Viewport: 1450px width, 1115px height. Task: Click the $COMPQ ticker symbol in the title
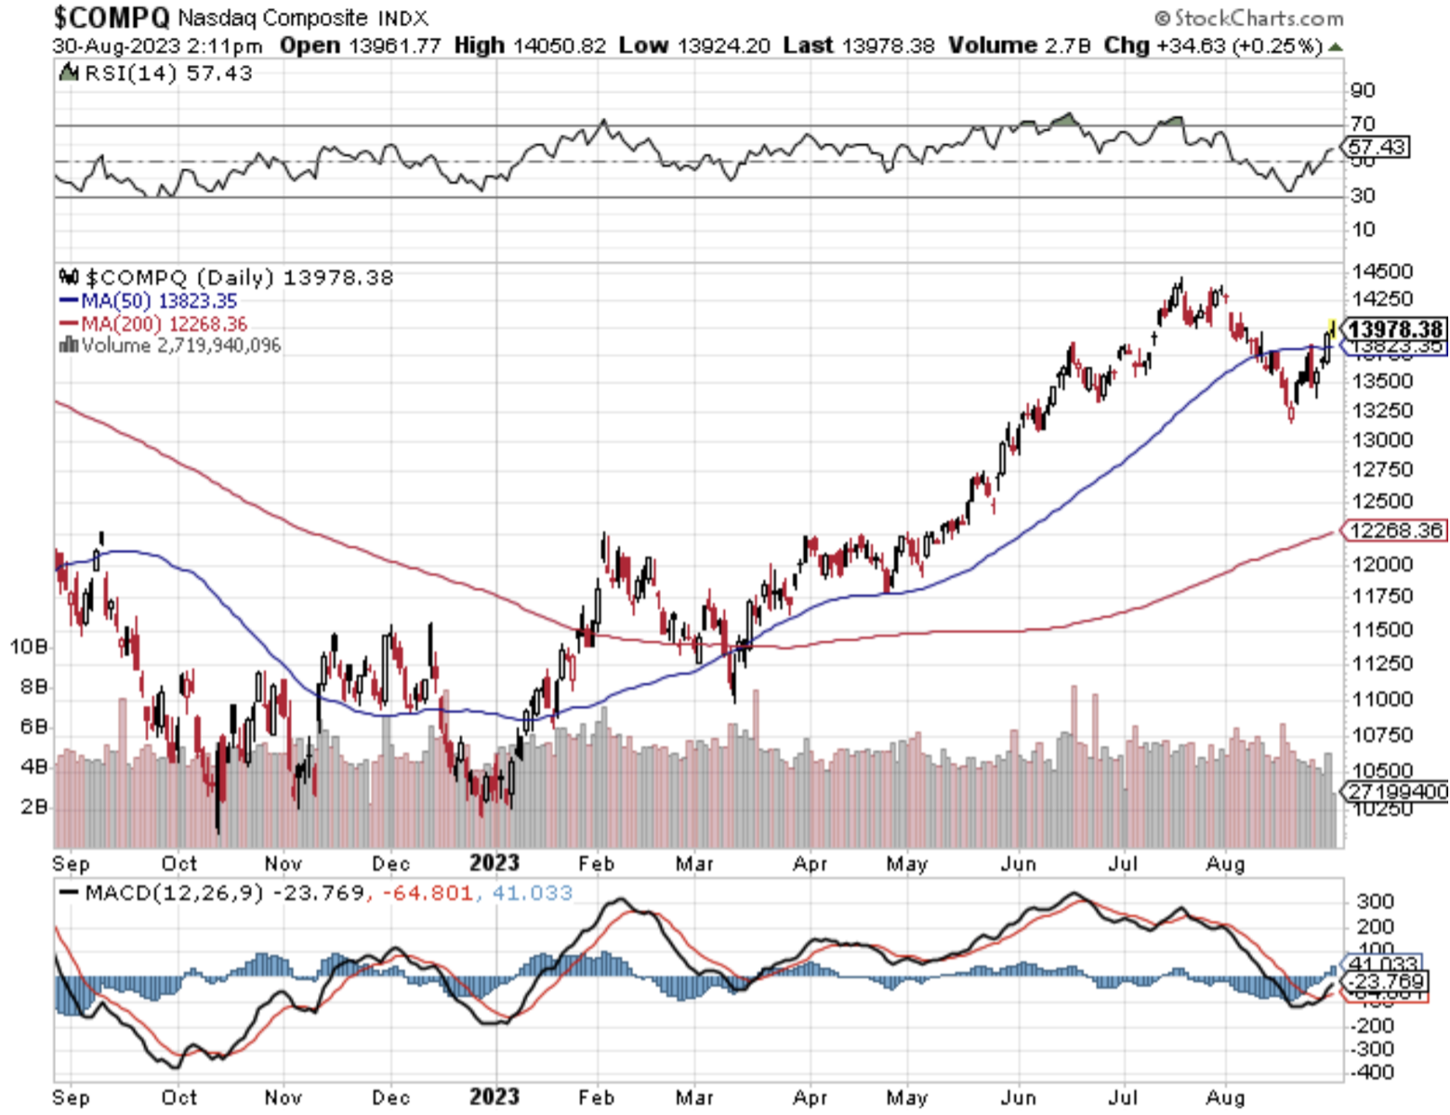[112, 17]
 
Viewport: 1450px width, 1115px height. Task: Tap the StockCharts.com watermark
[1249, 18]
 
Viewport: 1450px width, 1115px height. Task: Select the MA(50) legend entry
[149, 301]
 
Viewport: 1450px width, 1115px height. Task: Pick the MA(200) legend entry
[153, 324]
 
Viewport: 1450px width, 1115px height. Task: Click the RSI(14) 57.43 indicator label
[167, 73]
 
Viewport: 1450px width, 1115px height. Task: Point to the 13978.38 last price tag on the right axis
[1395, 329]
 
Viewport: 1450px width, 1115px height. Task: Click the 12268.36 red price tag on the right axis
[1395, 531]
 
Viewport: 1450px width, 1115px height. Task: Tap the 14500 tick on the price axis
[1382, 271]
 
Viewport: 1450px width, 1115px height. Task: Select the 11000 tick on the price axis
[1382, 699]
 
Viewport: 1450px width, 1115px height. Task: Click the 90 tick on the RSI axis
[1363, 90]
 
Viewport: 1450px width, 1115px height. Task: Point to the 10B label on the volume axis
[28, 647]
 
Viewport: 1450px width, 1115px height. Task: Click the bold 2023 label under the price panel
[494, 863]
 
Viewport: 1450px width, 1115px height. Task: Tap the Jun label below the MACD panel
[1019, 1097]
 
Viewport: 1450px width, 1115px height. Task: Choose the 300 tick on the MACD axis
[1375, 901]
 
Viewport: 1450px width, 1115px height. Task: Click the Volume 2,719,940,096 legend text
[180, 346]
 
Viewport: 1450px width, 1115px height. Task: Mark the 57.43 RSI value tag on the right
[1377, 147]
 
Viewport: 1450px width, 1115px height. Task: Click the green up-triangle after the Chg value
[1336, 46]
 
